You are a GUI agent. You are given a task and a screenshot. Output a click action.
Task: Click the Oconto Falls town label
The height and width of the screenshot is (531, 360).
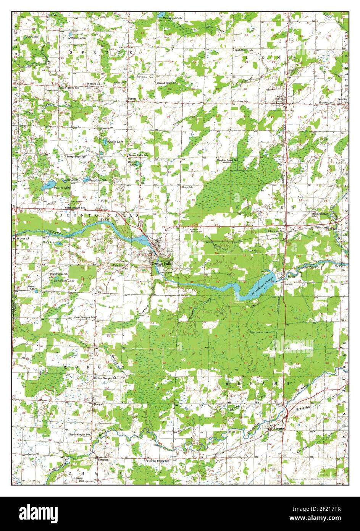tap(162, 264)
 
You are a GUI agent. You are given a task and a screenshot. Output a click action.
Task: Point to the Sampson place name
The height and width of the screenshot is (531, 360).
tap(103, 460)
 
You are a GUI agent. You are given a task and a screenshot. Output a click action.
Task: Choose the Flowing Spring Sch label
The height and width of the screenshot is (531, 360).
tap(158, 461)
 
